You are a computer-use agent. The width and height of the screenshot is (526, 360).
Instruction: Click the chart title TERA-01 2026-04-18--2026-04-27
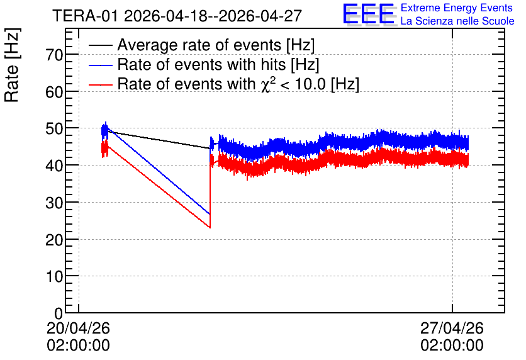pos(177,16)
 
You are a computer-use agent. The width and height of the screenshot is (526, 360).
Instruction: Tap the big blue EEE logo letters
pos(369,14)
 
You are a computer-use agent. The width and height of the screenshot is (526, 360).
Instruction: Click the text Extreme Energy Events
pos(457,8)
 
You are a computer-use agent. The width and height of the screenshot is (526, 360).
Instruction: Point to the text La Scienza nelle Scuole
pos(457,21)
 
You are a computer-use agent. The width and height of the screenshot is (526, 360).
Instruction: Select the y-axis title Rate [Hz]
pos(12,65)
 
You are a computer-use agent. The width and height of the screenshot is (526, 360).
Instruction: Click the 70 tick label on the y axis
pos(54,55)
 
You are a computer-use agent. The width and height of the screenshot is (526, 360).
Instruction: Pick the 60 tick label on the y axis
pos(54,92)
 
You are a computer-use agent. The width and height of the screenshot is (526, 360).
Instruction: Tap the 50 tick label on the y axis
pos(54,129)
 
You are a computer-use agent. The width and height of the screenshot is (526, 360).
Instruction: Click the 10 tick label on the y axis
pos(54,277)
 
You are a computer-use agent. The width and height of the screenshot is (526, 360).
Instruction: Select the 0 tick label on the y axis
pos(59,313)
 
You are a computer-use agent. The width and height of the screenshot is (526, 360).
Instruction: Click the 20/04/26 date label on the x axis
pos(78,328)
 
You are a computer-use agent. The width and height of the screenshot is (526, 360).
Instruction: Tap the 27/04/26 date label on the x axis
pos(452,328)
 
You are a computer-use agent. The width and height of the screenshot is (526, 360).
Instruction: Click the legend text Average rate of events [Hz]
pos(216,45)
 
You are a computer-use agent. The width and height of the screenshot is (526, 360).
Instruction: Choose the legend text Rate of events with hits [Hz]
pos(218,64)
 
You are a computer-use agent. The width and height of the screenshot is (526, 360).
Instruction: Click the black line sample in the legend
pos(100,45)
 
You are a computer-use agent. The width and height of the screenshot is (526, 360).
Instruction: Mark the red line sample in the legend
pos(100,84)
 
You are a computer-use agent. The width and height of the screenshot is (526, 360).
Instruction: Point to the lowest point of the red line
pos(210,228)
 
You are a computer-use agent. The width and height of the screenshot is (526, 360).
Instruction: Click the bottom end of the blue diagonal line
pos(210,214)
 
